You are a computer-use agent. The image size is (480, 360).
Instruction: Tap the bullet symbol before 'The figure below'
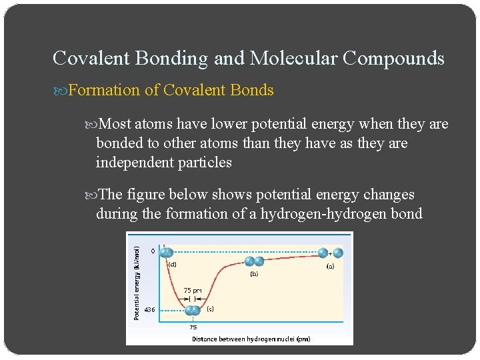click(91, 195)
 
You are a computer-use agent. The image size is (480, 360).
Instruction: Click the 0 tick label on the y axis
click(153, 251)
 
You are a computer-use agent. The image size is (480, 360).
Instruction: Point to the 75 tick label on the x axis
click(193, 327)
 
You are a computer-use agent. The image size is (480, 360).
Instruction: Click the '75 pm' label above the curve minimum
click(193, 290)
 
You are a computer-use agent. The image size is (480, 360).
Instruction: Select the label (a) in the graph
click(330, 267)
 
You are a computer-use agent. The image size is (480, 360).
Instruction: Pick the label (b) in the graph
click(254, 273)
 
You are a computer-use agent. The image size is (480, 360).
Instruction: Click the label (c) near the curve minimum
click(210, 309)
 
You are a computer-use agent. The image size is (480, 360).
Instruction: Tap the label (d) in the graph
click(171, 263)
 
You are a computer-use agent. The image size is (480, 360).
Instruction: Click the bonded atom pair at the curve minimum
click(193, 310)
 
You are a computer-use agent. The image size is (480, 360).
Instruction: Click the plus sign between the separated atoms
click(331, 253)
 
